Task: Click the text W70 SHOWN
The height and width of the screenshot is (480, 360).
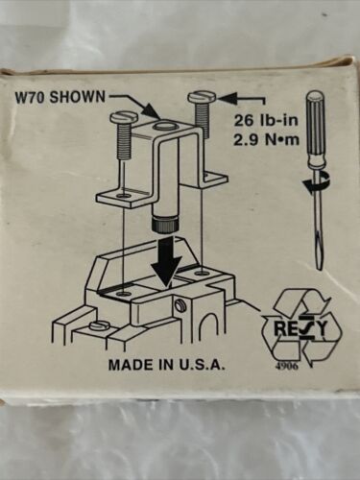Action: (x=60, y=96)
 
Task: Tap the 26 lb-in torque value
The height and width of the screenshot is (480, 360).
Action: (x=266, y=121)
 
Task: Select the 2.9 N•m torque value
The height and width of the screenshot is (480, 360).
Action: (x=266, y=140)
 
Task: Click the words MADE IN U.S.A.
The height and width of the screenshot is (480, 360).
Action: (x=167, y=365)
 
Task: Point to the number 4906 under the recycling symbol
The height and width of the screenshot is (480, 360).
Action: (x=287, y=367)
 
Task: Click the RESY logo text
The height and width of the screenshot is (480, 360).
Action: (x=300, y=328)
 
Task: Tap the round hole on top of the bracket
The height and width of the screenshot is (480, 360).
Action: (x=163, y=126)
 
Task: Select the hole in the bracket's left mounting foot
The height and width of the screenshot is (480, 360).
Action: (x=124, y=196)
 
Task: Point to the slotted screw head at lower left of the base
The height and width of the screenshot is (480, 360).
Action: (x=99, y=325)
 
